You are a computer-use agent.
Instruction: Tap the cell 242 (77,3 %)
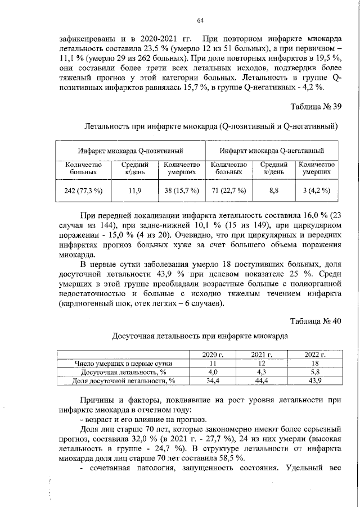point(83,190)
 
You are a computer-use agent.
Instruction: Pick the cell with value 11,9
point(135,190)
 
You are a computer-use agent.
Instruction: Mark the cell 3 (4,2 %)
point(316,190)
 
